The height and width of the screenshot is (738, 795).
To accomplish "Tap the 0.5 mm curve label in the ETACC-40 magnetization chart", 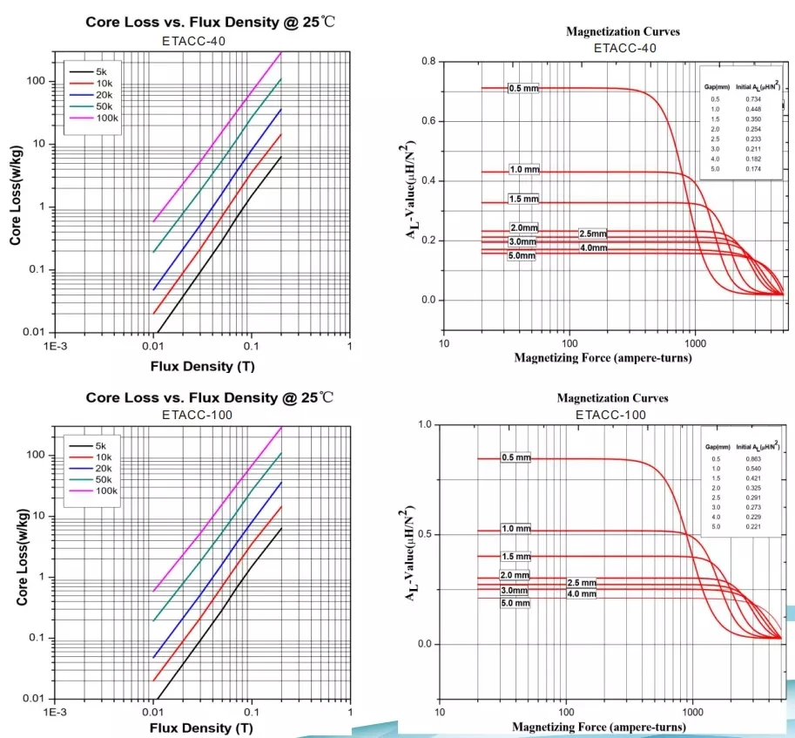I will coord(523,89).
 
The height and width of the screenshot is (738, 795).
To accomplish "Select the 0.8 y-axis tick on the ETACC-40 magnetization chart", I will coord(428,61).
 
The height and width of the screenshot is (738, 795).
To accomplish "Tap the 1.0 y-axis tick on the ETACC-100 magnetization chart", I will coord(428,424).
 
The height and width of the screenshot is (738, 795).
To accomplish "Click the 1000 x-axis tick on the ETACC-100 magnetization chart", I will coord(694,711).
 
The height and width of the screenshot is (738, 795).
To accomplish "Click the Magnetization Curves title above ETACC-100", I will coord(612,398).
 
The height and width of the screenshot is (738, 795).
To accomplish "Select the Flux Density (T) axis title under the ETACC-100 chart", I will coord(202,727).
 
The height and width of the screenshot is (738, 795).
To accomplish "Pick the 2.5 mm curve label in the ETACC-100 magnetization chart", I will coord(581,582).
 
